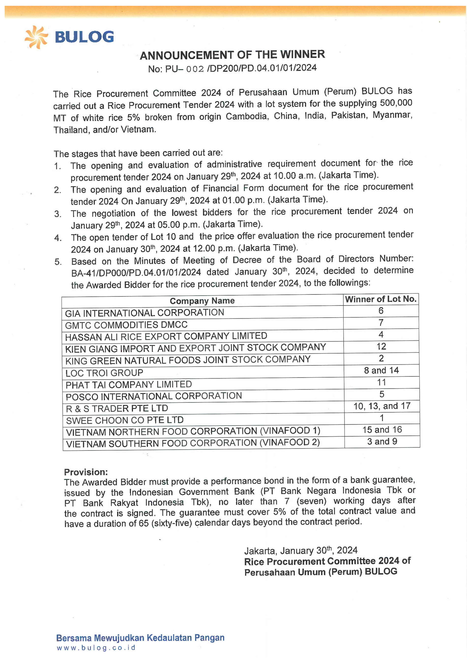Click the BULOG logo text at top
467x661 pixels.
tap(84, 37)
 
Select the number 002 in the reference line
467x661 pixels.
tap(195, 69)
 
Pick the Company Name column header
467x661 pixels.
tap(202, 301)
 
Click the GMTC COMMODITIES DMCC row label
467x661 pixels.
tap(126, 325)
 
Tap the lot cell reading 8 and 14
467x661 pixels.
tap(381, 371)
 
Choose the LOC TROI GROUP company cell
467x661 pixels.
tap(104, 373)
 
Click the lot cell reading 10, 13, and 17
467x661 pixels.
tap(382, 406)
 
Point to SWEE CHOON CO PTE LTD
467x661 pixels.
tap(125, 420)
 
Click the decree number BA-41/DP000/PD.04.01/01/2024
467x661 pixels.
tap(136, 273)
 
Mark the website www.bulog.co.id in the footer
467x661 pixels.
tap(96, 648)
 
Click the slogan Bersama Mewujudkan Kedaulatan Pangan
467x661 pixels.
tap(140, 638)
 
